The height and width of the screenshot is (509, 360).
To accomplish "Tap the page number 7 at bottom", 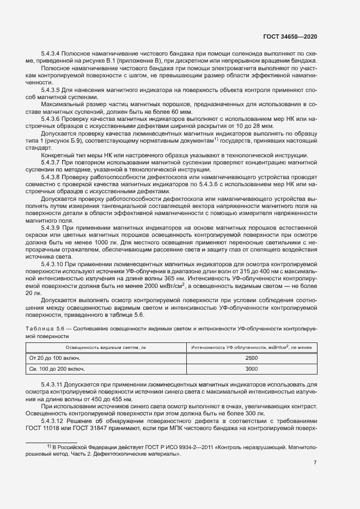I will coord(315,463).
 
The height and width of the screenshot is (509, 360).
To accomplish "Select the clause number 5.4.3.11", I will coord(54,384).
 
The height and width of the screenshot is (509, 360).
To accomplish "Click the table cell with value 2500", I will coord(252,358).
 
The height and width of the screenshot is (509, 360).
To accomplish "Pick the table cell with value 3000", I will coord(252,369).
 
